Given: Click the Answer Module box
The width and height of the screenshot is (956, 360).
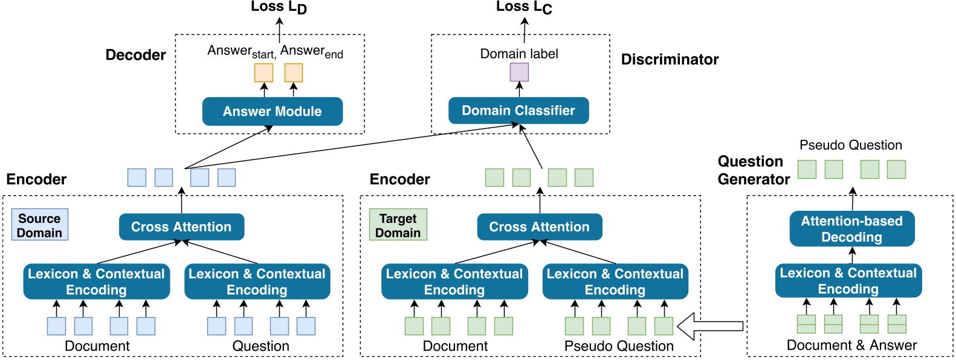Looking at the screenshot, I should [272, 112].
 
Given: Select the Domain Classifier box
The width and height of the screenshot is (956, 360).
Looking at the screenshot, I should [518, 111].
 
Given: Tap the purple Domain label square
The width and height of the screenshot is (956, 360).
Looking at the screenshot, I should [519, 72].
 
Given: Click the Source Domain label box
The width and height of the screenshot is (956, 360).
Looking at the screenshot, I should [39, 225].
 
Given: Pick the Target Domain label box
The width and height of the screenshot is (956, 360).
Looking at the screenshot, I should [398, 225].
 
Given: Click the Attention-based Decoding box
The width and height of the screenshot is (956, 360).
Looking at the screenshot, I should [851, 229].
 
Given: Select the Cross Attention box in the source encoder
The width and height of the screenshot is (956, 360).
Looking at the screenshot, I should [181, 227].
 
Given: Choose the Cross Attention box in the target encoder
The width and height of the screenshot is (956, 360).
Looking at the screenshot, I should [539, 227].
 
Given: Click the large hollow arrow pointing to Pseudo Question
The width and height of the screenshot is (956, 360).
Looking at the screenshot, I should [710, 326].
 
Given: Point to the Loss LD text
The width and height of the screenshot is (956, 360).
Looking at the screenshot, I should [279, 8].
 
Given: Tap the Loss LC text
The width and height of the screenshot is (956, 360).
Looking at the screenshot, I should [524, 7].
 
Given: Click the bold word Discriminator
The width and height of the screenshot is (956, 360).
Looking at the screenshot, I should [670, 59].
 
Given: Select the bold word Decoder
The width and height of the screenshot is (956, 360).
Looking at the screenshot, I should [135, 55].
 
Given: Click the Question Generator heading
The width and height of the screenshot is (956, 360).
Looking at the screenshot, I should [753, 170].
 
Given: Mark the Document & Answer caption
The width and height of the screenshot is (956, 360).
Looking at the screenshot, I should [851, 346].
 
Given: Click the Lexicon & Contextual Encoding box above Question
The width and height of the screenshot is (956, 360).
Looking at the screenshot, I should [257, 281].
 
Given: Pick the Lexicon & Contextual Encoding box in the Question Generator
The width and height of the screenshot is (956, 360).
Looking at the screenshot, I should [848, 281].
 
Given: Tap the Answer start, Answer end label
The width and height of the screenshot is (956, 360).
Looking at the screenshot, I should [275, 52].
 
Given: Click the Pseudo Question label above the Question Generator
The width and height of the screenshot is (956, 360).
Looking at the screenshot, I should [850, 145].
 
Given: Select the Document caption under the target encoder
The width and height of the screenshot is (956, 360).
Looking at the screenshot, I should [455, 346].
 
